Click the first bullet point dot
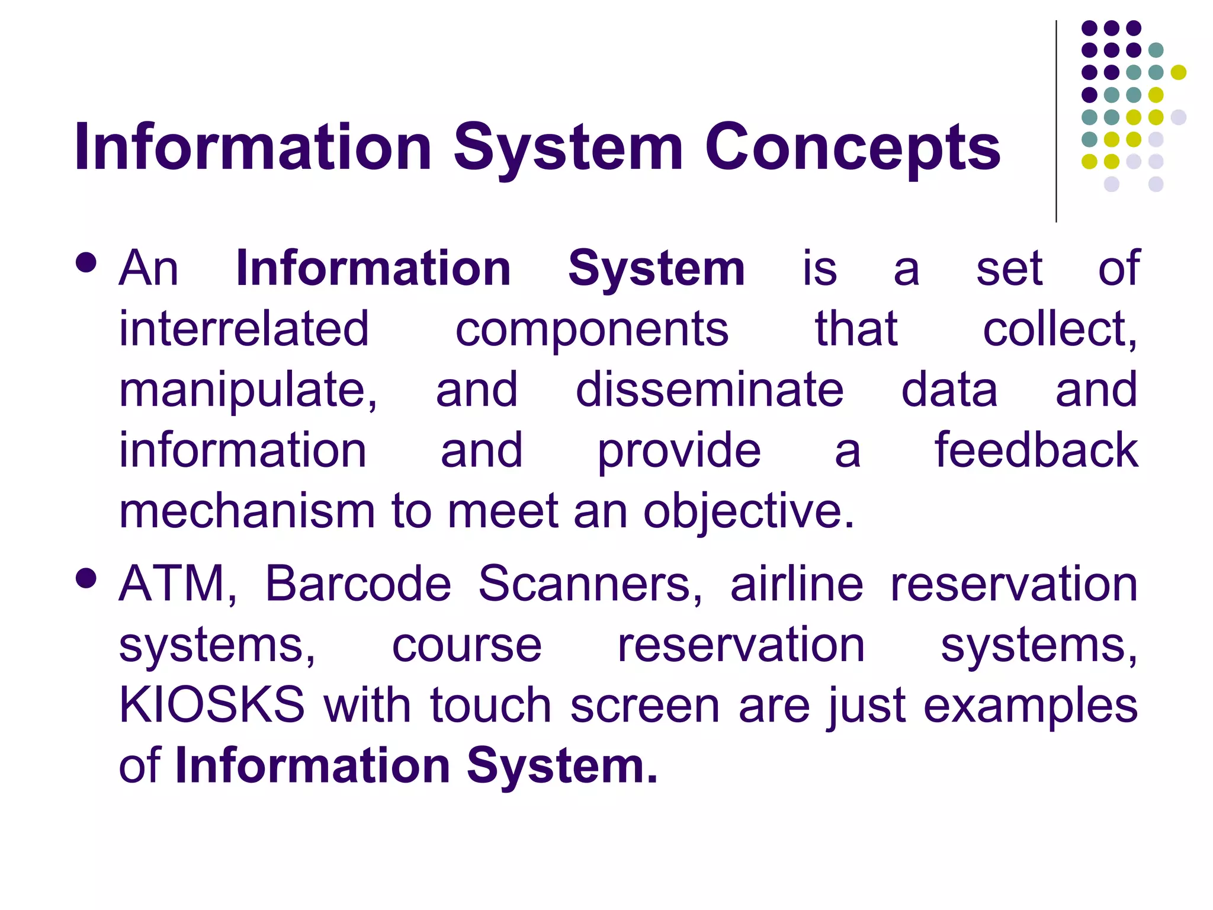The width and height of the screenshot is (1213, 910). [x=86, y=263]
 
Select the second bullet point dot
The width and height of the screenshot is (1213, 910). [x=86, y=578]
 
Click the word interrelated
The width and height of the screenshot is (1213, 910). [x=244, y=329]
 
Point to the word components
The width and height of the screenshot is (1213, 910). [x=592, y=331]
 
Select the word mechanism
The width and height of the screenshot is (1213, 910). [x=247, y=511]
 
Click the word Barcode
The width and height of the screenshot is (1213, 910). [x=358, y=584]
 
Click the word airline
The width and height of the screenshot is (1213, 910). [x=797, y=584]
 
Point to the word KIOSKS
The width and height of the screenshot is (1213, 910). [x=212, y=705]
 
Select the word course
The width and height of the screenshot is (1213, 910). [x=467, y=646]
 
